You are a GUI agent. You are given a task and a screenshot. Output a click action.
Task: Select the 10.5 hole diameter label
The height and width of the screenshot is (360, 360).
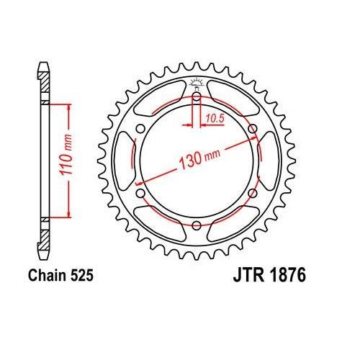212,115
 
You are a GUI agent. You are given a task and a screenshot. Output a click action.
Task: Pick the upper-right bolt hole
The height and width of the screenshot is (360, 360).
253,129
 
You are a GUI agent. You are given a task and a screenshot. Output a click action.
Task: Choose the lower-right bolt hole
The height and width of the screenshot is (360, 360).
253,194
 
